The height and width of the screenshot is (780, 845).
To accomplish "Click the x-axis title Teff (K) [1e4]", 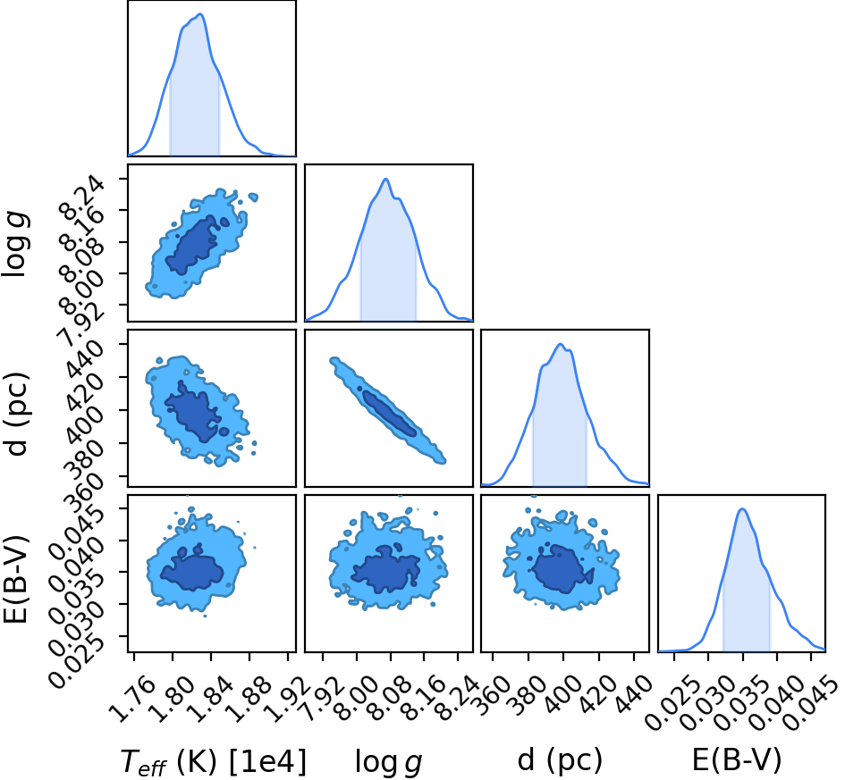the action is coord(214,762).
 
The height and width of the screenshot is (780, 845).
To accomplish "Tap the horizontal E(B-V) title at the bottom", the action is coord(736,760).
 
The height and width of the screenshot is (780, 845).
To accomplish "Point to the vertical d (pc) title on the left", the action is coord(16,413).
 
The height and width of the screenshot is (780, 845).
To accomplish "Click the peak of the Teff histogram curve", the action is coord(200,14).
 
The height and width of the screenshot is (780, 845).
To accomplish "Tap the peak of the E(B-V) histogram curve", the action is coord(742,508).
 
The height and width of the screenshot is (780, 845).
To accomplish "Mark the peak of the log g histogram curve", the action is coord(386,179).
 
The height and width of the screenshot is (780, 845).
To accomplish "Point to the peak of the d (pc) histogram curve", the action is coord(561,344).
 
